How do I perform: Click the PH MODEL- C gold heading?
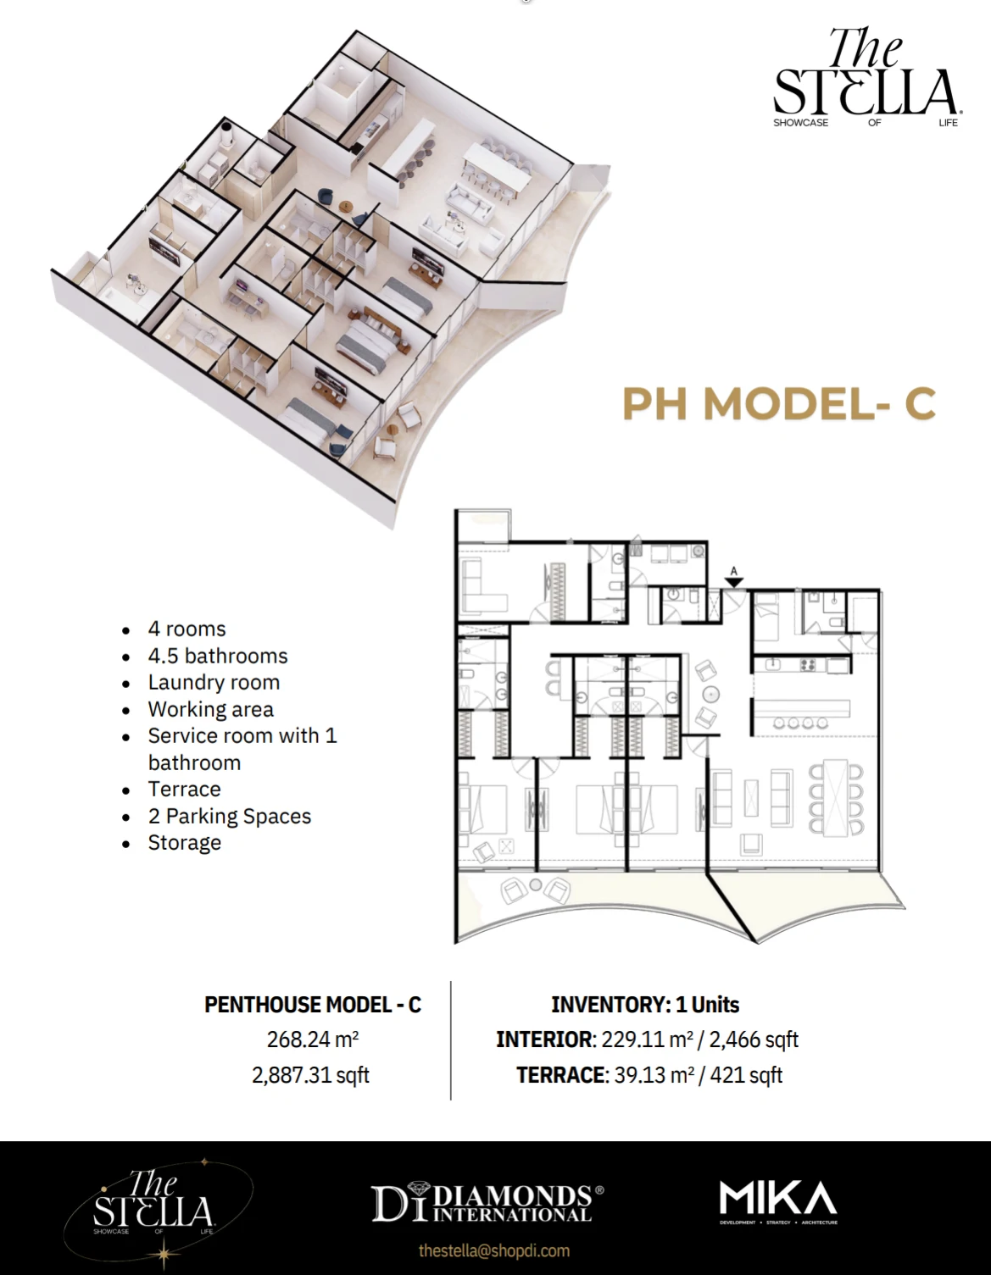click(x=779, y=403)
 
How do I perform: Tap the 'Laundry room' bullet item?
click(x=214, y=683)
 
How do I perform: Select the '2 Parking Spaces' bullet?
click(x=229, y=817)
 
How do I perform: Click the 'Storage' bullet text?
click(x=184, y=843)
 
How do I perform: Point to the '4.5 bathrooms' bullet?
click(x=218, y=657)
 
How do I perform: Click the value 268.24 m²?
click(x=313, y=1039)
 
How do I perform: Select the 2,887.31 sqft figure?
click(x=310, y=1075)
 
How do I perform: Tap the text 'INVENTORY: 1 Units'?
click(x=645, y=1005)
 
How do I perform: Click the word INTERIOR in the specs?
click(x=544, y=1039)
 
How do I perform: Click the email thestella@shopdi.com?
click(x=494, y=1250)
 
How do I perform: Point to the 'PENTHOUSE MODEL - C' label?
click(x=313, y=1005)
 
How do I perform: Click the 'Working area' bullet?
click(x=210, y=710)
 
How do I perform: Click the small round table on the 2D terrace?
click(x=535, y=885)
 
